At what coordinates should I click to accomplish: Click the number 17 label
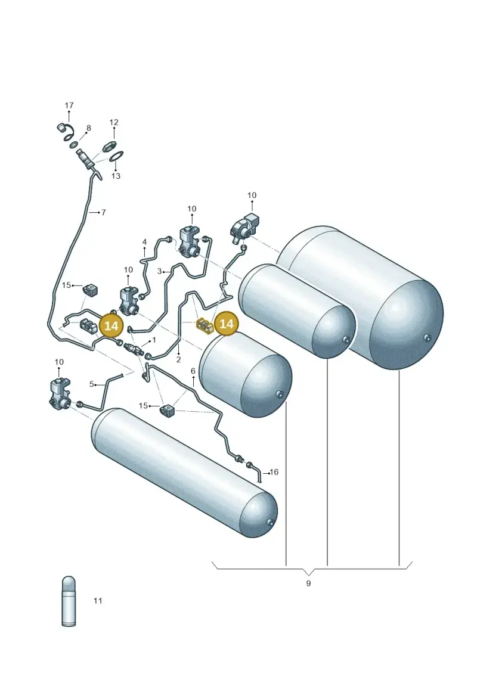coord(69,105)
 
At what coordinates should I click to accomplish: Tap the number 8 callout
coord(89,128)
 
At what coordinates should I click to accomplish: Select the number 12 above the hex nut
coord(113,123)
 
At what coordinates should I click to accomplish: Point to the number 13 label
coord(116,176)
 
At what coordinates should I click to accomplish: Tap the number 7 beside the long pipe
coord(103,212)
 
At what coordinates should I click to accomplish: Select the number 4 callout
coord(144,243)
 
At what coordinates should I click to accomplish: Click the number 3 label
coord(159,272)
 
